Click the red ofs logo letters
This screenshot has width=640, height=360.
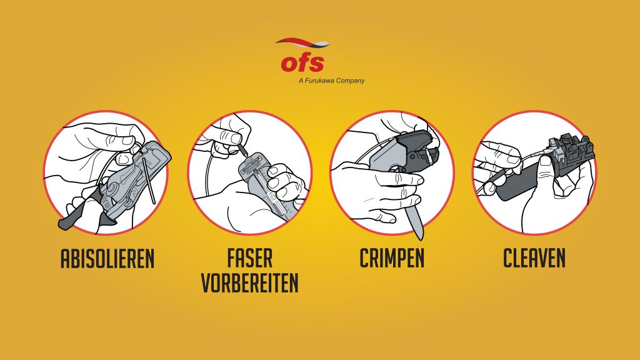point(302,62)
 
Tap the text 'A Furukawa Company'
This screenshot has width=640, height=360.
point(331,81)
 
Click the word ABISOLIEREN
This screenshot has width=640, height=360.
point(107,258)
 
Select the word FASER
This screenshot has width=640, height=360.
point(250,258)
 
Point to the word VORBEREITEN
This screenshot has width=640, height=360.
point(250,282)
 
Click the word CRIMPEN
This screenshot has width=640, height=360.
point(392,258)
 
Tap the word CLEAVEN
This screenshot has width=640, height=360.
point(534,258)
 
